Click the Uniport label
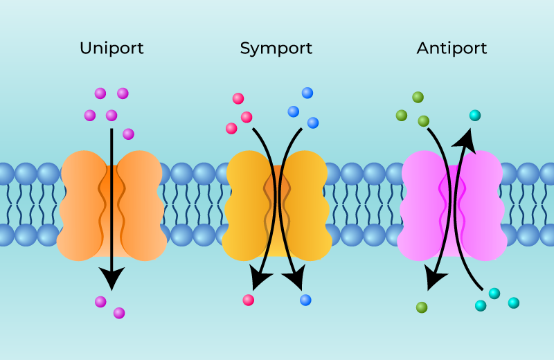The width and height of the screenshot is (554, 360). click(111, 48)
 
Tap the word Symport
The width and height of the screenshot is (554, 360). click(276, 48)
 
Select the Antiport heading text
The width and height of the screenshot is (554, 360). click(452, 48)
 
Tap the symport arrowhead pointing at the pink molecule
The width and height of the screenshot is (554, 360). click(260, 281)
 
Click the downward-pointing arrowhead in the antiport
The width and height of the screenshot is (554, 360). click(435, 280)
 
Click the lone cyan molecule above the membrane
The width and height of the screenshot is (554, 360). click(474, 116)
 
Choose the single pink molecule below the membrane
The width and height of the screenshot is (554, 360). click(248, 300)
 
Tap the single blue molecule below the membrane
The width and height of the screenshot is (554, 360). click(305, 300)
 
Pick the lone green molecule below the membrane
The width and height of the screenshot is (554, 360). click(422, 307)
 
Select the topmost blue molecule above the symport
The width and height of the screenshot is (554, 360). click(307, 93)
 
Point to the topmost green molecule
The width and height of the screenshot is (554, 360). click(418, 97)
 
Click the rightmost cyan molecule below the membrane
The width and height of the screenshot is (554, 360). click(513, 303)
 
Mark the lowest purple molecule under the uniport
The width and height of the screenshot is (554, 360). click(119, 313)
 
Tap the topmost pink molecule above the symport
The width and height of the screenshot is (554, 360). click(238, 98)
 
